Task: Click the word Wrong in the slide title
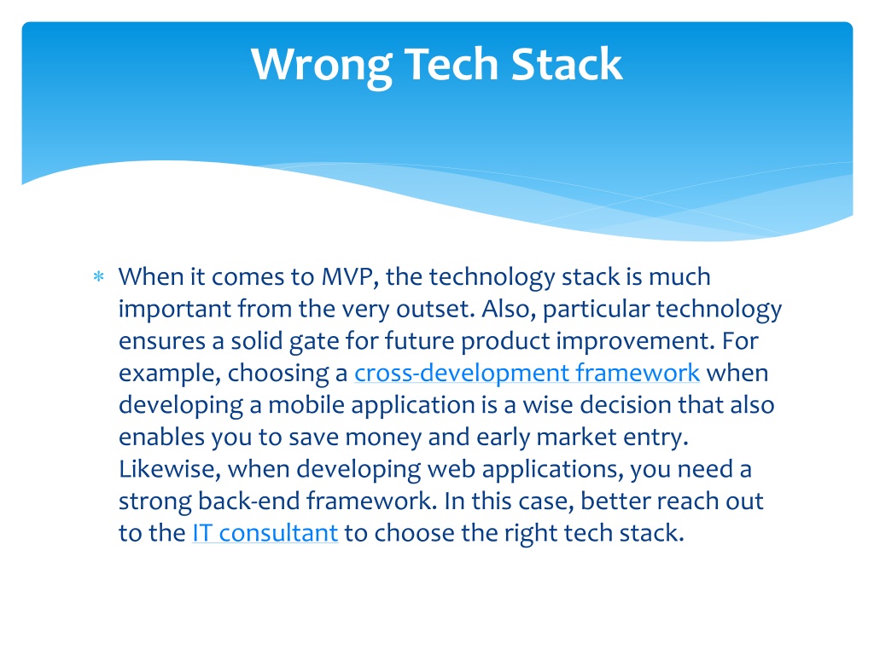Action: point(322,66)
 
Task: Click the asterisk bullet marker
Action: point(99,276)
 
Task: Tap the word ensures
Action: point(161,341)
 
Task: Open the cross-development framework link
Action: point(527,374)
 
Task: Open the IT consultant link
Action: point(265,534)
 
